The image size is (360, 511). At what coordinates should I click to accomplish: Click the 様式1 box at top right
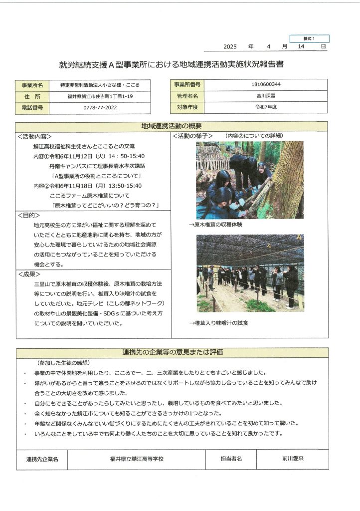click(309, 38)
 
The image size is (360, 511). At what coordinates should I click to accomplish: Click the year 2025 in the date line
click(230, 46)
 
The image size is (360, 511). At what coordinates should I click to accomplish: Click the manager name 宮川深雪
click(266, 96)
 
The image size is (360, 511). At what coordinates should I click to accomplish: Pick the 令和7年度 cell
click(266, 107)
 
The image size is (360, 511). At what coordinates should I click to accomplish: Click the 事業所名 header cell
click(33, 85)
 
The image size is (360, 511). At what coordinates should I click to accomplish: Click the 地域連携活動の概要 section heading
click(172, 126)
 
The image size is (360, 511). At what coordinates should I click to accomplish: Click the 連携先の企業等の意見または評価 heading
click(173, 352)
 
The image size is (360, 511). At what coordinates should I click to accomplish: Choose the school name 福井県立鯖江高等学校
click(137, 459)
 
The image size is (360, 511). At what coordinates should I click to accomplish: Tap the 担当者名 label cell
click(231, 459)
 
